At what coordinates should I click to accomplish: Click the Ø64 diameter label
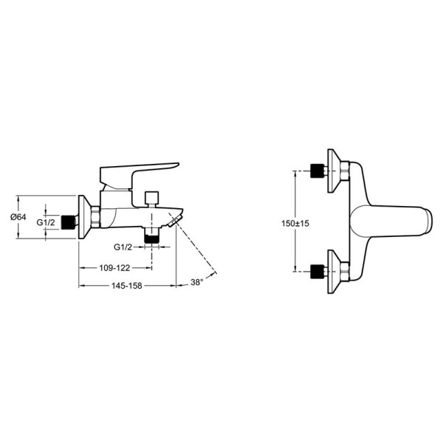pos(18,217)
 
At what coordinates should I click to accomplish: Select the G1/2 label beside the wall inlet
pos(46,222)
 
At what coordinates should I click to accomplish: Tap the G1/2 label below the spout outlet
pos(123,247)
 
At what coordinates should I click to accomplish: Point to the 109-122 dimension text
pos(114,267)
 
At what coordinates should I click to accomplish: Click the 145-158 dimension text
pos(126,286)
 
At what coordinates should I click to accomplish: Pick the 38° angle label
pos(197,282)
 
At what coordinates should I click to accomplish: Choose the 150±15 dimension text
pos(295,223)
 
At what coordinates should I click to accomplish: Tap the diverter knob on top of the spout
pos(151,199)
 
